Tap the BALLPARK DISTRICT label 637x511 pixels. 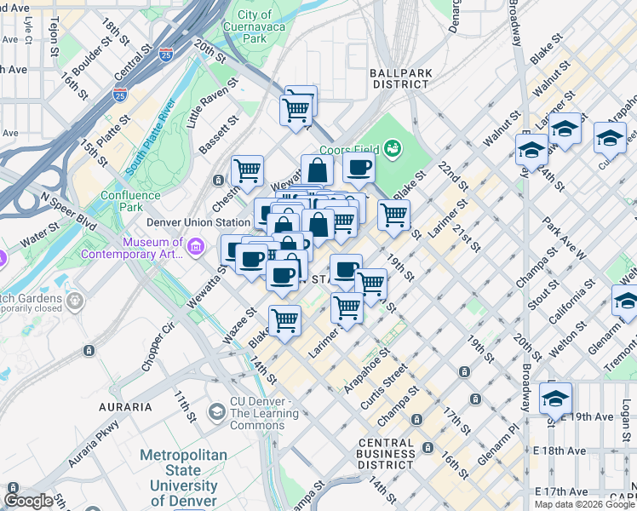pyautogui.click(x=399, y=78)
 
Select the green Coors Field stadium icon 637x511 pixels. pyautogui.click(x=393, y=149)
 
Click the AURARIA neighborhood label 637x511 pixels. pyautogui.click(x=124, y=407)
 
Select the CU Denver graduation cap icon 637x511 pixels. pyautogui.click(x=216, y=413)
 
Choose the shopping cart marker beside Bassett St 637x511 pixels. pyautogui.click(x=247, y=169)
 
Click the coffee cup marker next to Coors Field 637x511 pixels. pyautogui.click(x=359, y=166)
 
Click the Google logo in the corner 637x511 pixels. pyautogui.click(x=28, y=501)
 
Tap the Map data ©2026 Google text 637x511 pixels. pyautogui.click(x=584, y=504)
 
